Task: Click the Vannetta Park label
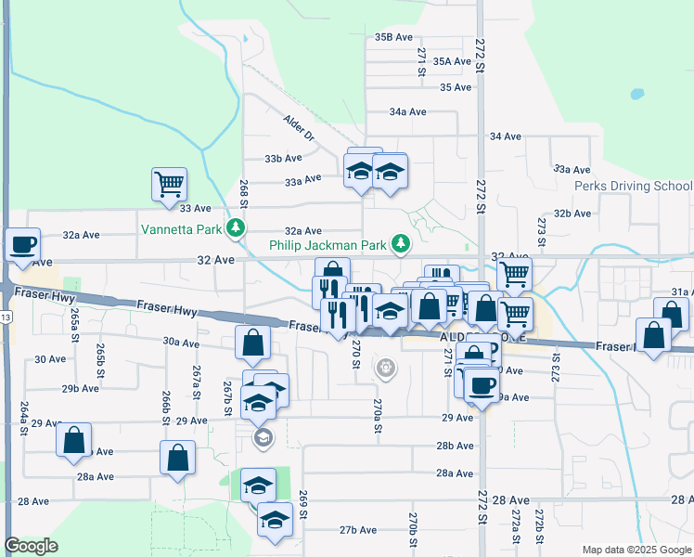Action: (x=184, y=228)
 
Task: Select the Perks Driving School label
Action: (x=633, y=186)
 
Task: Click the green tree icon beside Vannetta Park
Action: (x=238, y=227)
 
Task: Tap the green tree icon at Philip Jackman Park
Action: (x=401, y=244)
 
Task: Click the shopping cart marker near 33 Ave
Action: (x=170, y=184)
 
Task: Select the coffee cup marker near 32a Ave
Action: (x=23, y=245)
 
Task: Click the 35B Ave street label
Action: (x=393, y=37)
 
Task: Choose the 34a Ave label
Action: (x=407, y=111)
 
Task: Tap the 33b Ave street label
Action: (x=283, y=159)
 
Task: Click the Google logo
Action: (x=31, y=546)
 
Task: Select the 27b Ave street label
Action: (x=357, y=530)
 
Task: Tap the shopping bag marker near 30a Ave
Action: (x=253, y=343)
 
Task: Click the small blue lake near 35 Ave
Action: (x=636, y=94)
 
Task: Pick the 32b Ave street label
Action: (x=572, y=214)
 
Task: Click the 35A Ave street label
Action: (x=453, y=61)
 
